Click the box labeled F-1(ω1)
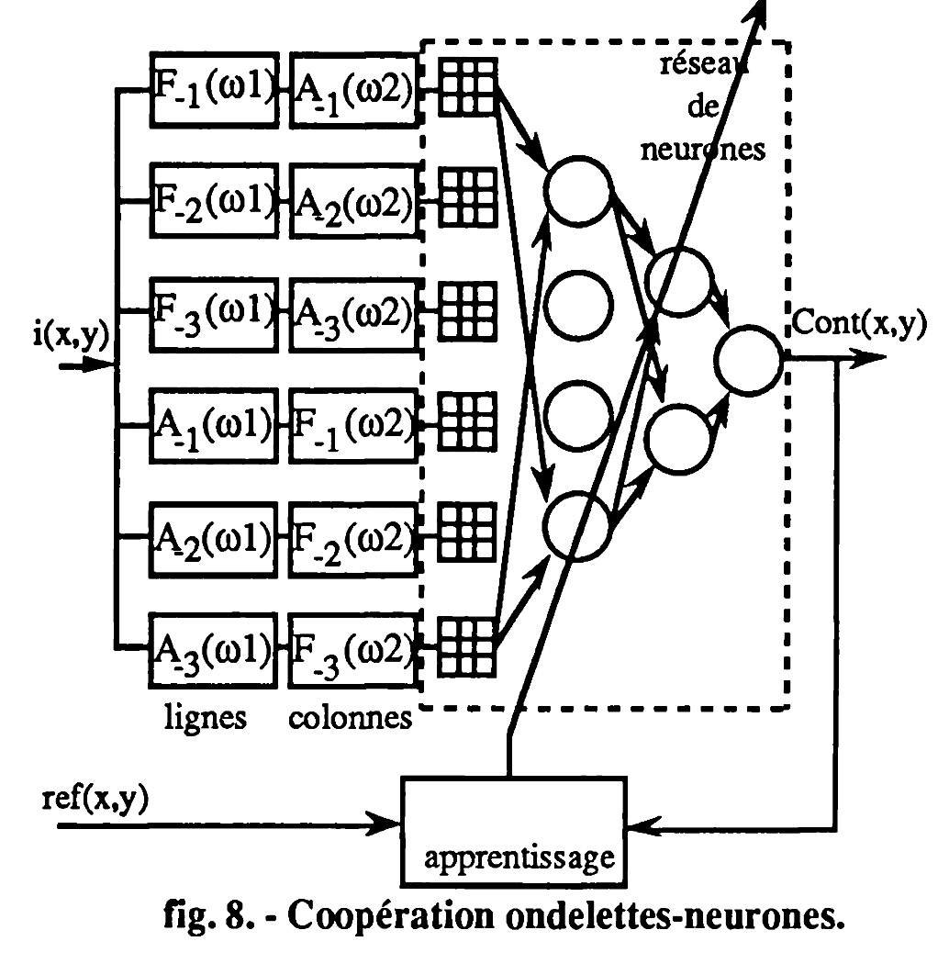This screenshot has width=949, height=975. [x=213, y=88]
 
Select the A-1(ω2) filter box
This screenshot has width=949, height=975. [x=353, y=88]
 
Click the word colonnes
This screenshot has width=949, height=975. [x=350, y=717]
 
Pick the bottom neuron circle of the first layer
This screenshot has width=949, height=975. [x=578, y=523]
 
